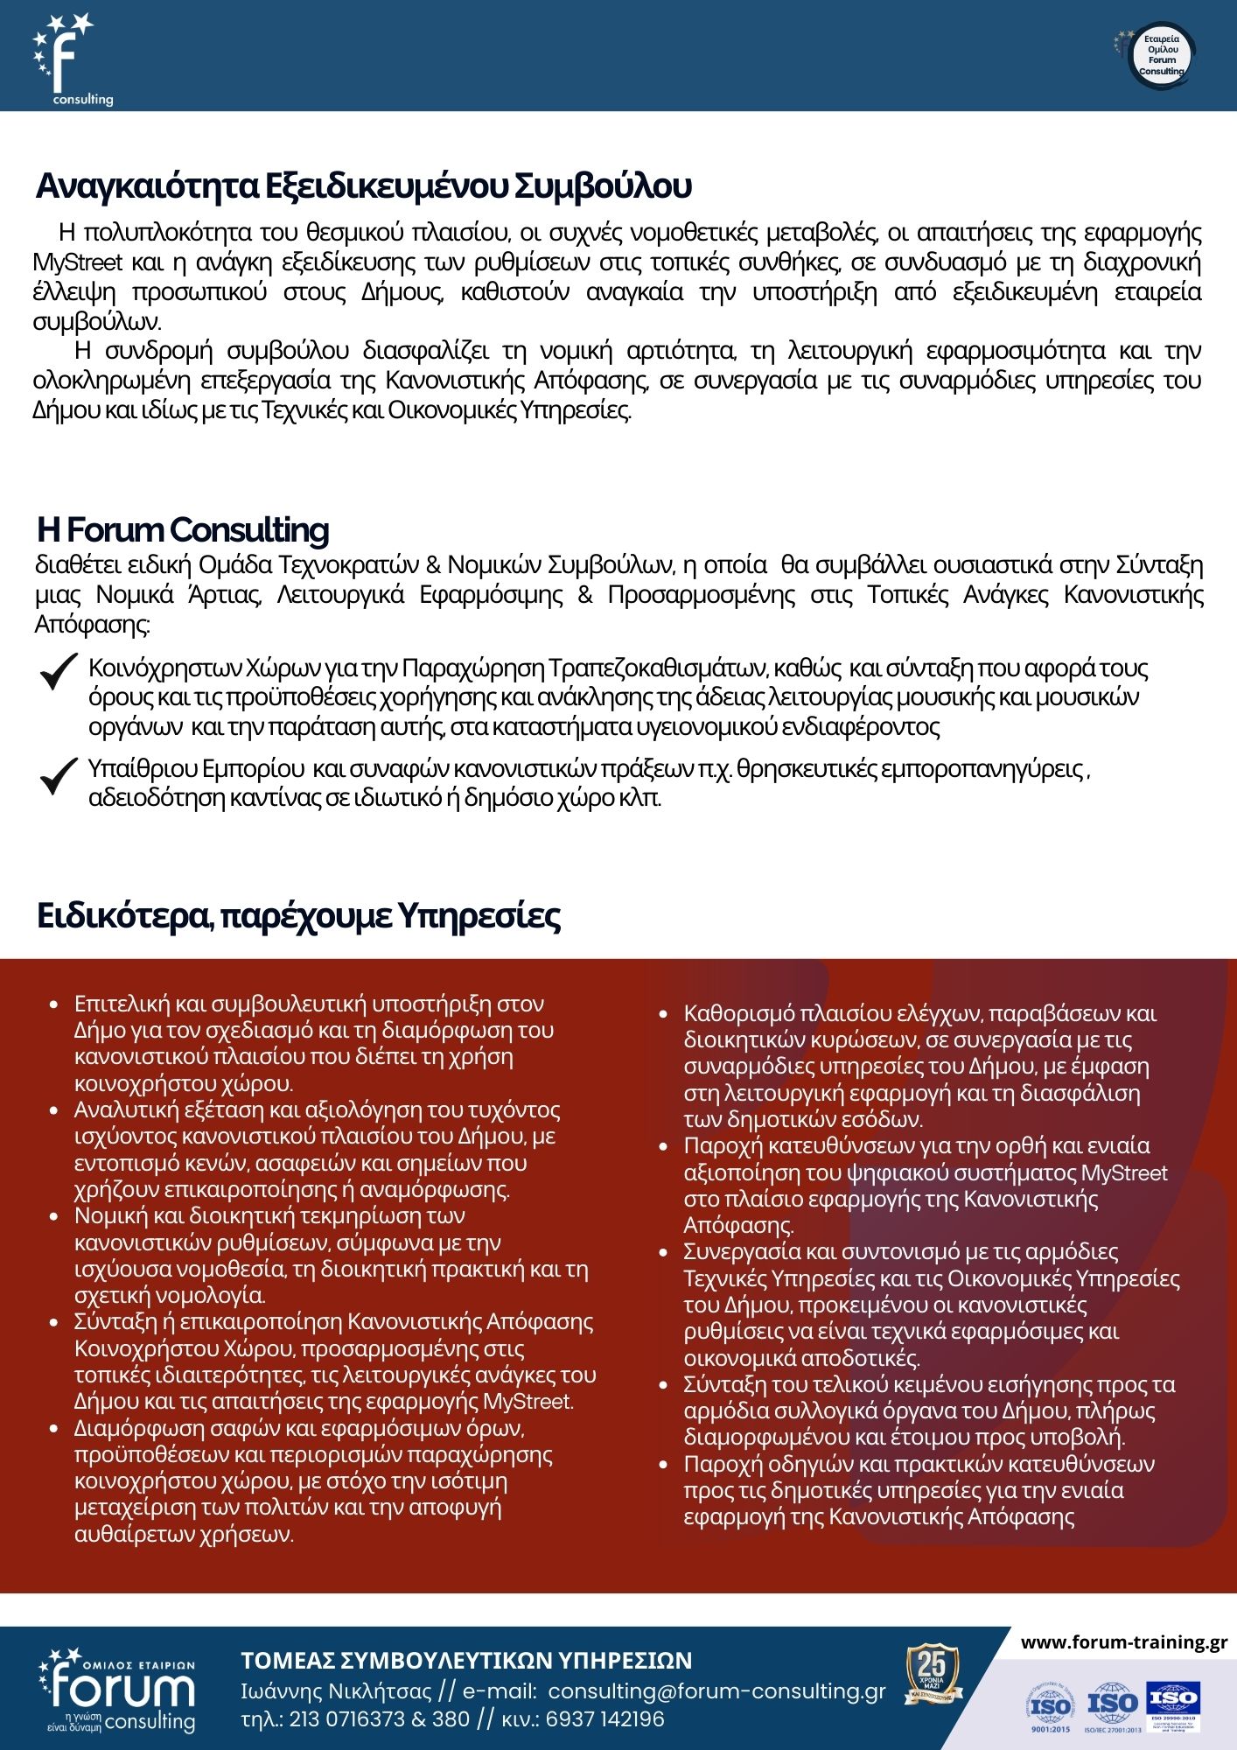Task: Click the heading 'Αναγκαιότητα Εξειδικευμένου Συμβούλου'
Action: point(364,186)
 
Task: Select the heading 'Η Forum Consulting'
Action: point(183,530)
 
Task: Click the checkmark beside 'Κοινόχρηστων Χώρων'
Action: point(60,676)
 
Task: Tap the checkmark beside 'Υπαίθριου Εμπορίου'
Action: point(60,776)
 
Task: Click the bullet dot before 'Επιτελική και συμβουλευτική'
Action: point(55,1004)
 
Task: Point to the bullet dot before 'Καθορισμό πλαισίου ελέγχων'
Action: point(665,1015)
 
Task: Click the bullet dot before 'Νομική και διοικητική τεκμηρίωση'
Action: point(55,1217)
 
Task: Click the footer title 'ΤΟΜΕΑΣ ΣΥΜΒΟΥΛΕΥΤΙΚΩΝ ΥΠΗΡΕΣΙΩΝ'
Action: point(466,1660)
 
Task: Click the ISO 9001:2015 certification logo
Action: point(1049,1706)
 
